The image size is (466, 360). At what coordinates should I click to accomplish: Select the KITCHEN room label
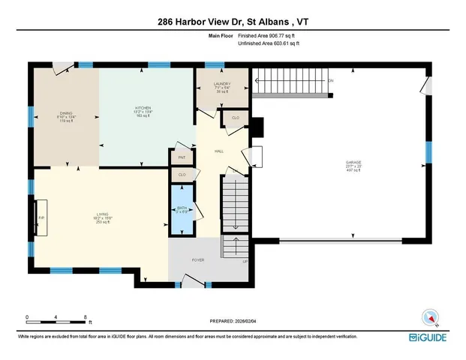coord(143,108)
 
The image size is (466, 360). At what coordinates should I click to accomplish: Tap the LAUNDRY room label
coord(221,84)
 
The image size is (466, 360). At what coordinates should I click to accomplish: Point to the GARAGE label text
coord(353,162)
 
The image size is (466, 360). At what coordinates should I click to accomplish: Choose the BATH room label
coord(182,208)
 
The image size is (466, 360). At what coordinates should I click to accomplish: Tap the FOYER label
coord(198,259)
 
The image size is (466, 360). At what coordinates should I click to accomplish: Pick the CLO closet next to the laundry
coord(235,118)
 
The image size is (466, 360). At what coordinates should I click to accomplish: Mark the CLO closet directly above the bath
coord(182,175)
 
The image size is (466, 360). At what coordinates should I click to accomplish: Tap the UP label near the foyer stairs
coord(244,262)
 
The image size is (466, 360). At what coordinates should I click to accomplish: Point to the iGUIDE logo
coord(440,337)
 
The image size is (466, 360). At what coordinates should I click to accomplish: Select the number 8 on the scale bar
coord(86,316)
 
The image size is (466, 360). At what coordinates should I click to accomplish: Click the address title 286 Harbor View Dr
coord(233,22)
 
